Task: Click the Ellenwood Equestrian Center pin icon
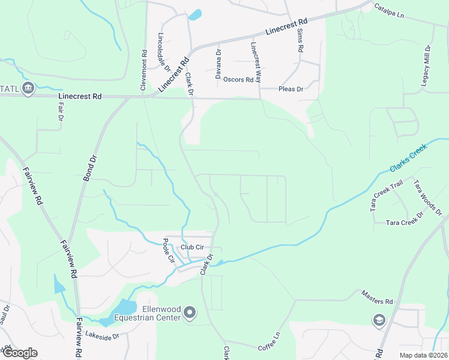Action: (x=190, y=312)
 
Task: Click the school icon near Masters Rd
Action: (x=378, y=320)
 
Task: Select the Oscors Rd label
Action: (x=238, y=79)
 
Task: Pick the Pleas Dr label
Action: (x=292, y=89)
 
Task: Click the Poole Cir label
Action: (x=169, y=251)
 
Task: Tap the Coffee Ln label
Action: (x=270, y=343)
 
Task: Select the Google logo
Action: (x=19, y=353)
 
